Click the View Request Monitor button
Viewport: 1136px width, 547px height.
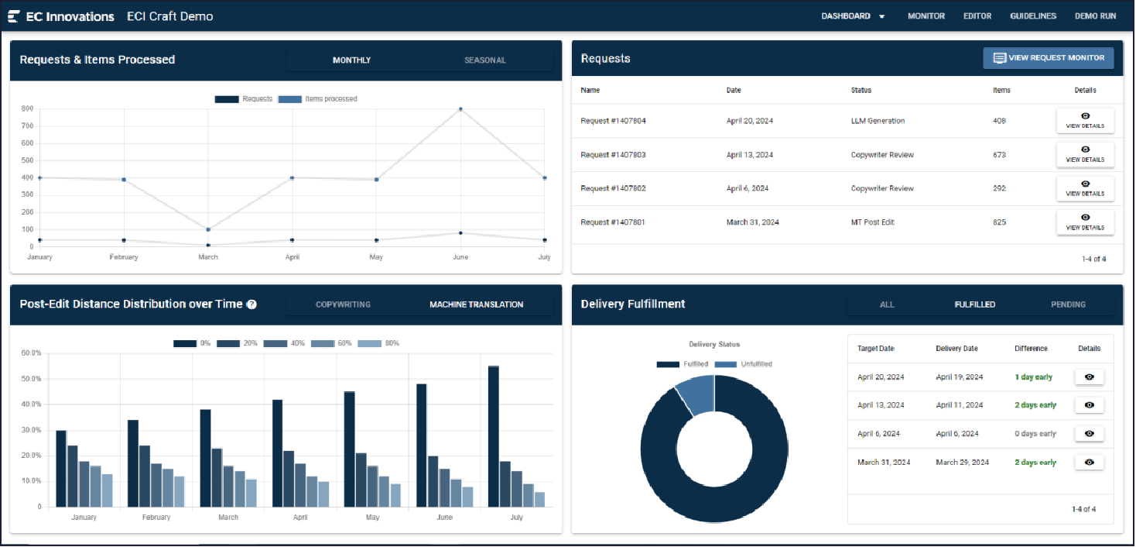1049,58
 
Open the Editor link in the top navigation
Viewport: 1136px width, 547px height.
977,15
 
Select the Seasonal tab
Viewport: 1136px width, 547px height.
484,60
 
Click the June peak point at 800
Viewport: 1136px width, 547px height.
460,109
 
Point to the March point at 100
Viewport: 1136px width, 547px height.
208,229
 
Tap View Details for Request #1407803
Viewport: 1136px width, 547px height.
1085,154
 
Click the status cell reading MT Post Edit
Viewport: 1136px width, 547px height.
872,222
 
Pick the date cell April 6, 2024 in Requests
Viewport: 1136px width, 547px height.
747,188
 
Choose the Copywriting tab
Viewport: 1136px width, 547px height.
343,304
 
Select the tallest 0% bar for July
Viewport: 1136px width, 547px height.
493,436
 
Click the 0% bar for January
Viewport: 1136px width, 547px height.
61,468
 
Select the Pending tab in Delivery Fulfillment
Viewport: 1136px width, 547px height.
1068,304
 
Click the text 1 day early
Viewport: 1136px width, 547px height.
1033,377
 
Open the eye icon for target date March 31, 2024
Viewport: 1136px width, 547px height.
1089,463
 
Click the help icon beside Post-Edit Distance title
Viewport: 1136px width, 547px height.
251,304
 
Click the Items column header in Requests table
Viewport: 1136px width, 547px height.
1001,90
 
